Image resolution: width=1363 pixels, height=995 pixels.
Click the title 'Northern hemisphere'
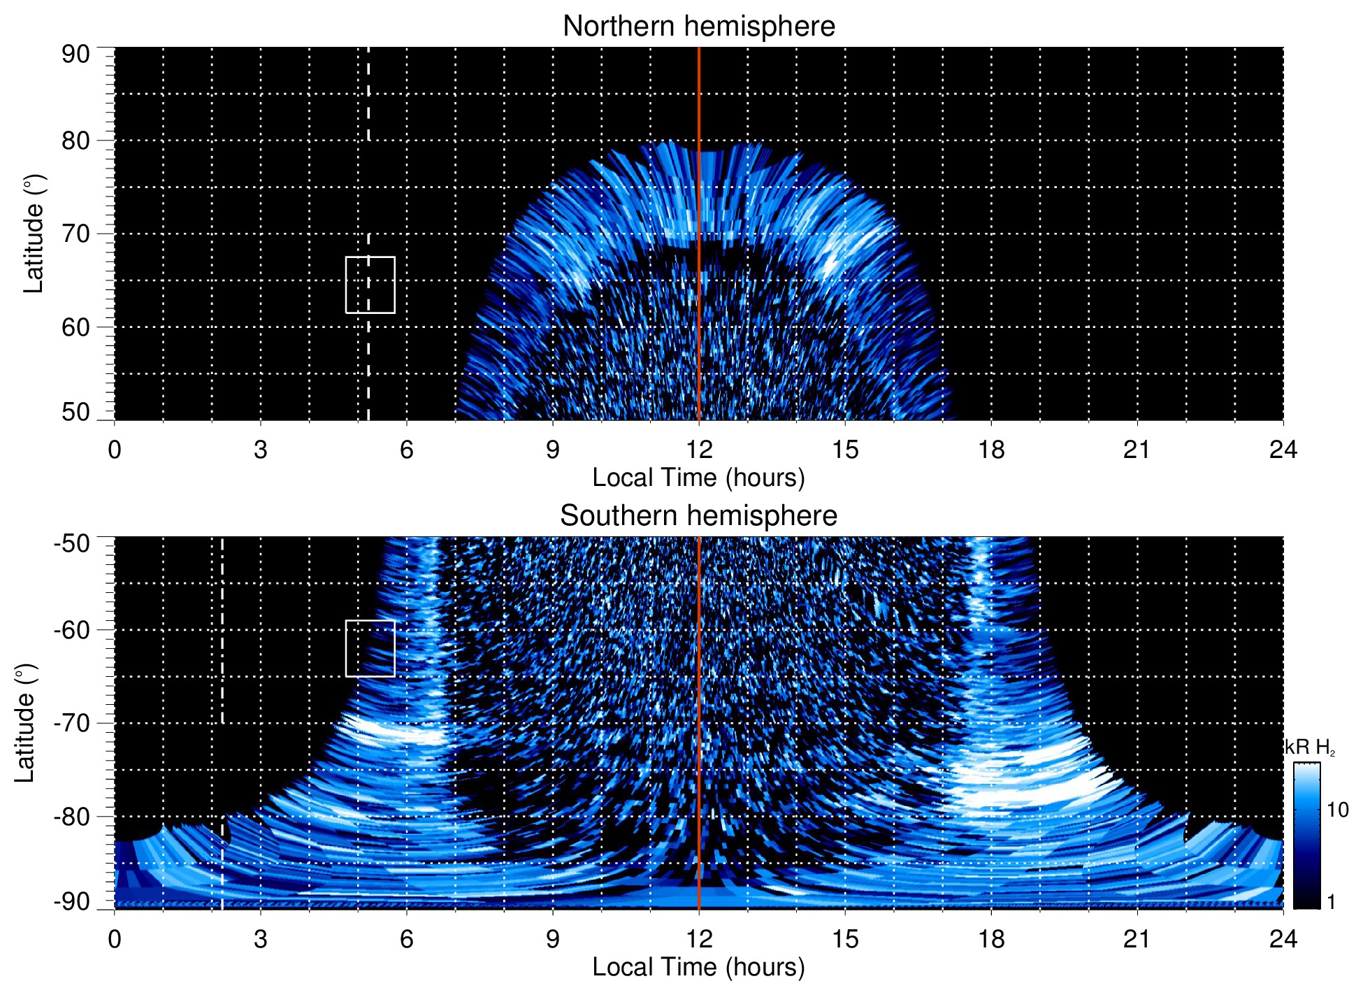click(698, 27)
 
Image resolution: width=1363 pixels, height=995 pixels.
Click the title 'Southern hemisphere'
click(698, 516)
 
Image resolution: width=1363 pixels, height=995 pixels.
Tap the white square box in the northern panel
click(370, 285)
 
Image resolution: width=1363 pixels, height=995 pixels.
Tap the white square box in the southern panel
click(370, 648)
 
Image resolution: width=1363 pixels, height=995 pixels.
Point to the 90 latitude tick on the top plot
click(75, 55)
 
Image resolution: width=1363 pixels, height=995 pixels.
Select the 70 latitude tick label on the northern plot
click(75, 234)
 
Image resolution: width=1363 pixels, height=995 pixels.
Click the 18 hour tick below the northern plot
click(991, 450)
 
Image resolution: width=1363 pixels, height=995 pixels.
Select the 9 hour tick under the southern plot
click(553, 939)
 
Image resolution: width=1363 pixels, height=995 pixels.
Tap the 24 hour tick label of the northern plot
click(1283, 450)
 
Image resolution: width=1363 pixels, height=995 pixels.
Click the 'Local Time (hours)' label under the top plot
click(698, 478)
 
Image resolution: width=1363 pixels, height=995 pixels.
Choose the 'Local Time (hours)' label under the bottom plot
click(698, 967)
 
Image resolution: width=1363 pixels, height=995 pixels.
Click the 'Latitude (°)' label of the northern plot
click(34, 234)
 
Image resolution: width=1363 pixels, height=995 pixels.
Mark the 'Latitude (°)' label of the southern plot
click(25, 723)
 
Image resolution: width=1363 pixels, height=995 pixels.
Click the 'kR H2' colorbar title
click(1309, 747)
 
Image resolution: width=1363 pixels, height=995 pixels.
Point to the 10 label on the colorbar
click(1337, 810)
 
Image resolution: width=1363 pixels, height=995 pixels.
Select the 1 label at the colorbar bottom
click(1331, 902)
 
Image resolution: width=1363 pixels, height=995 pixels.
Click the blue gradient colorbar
click(1306, 836)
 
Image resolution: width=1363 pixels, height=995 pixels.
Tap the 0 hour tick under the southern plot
click(115, 939)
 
